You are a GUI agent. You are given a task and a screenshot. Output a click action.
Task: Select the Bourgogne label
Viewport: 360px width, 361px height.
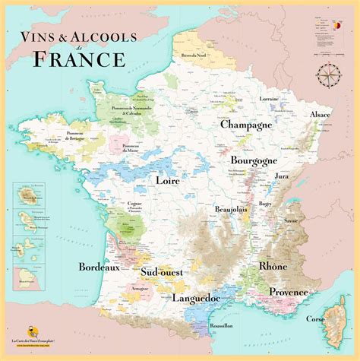[x=254, y=161]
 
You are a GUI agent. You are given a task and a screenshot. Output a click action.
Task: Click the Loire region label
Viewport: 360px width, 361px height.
[x=167, y=181]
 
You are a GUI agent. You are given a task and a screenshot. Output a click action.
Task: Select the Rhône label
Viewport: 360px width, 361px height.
[x=273, y=267]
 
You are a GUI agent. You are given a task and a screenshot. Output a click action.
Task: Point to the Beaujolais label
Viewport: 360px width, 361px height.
[x=232, y=208]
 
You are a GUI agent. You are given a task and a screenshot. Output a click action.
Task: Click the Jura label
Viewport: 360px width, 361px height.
[x=282, y=176]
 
